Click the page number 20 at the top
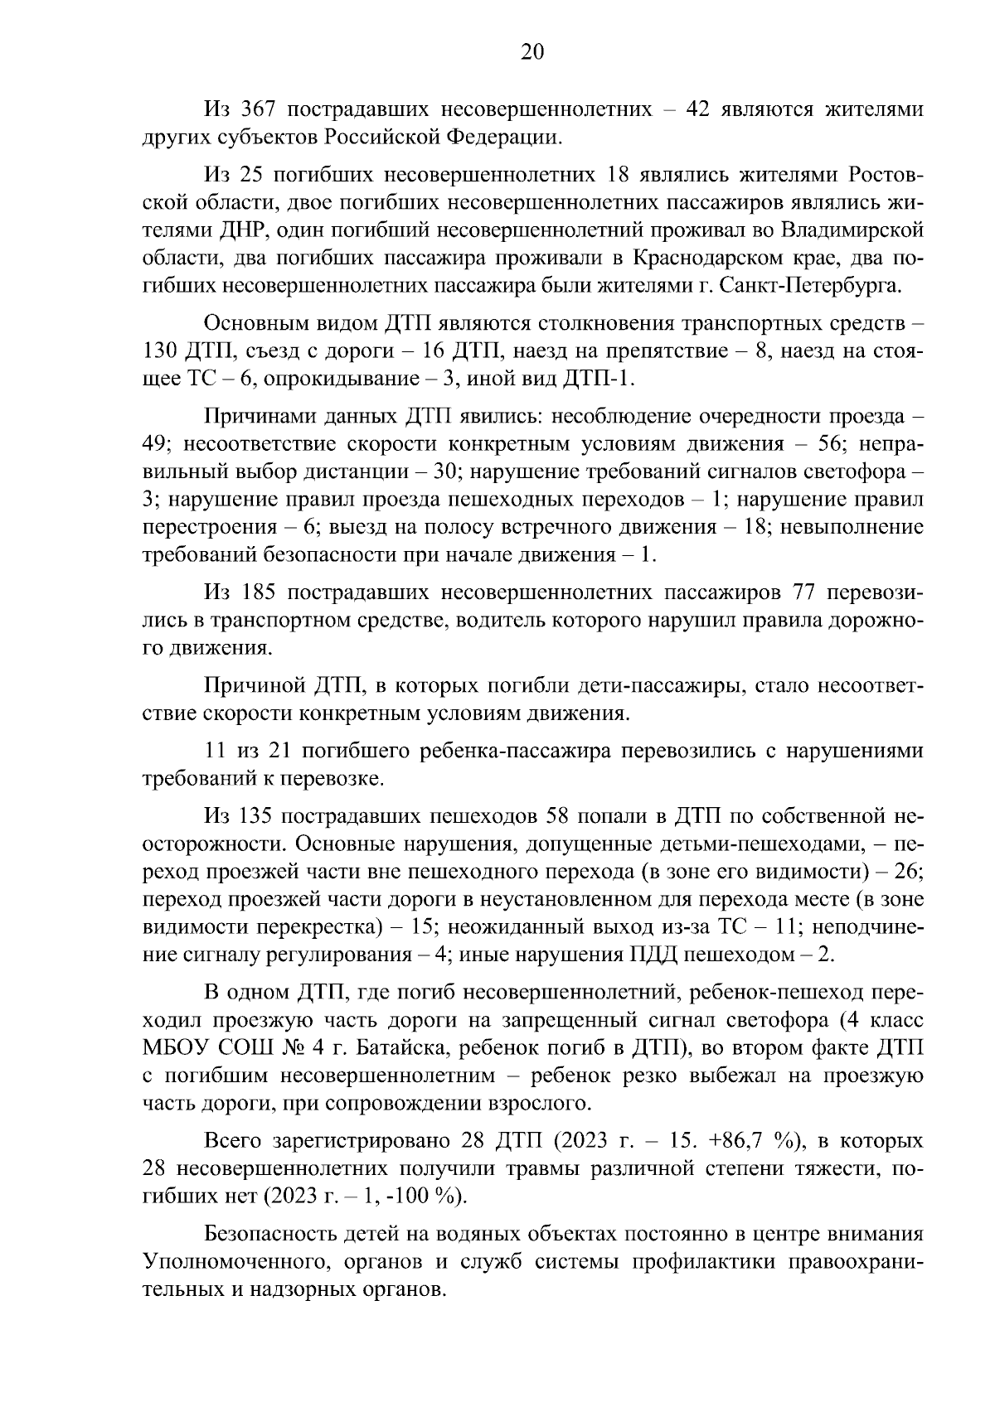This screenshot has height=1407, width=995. point(532,53)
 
